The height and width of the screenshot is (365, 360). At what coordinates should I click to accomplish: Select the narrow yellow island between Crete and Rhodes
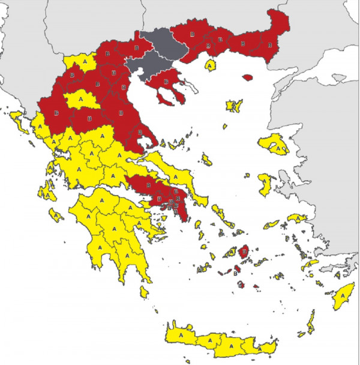311,324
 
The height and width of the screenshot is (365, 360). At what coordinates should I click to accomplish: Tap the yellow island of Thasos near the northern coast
211,64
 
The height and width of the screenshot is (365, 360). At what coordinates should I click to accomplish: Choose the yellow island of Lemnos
233,106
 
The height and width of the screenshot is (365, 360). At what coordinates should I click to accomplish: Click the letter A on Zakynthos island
54,214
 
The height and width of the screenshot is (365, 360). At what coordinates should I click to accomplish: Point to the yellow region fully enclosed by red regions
79,100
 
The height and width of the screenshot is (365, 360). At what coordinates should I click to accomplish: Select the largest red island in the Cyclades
245,251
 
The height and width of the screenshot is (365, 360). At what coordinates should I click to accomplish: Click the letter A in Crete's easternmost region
263,347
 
